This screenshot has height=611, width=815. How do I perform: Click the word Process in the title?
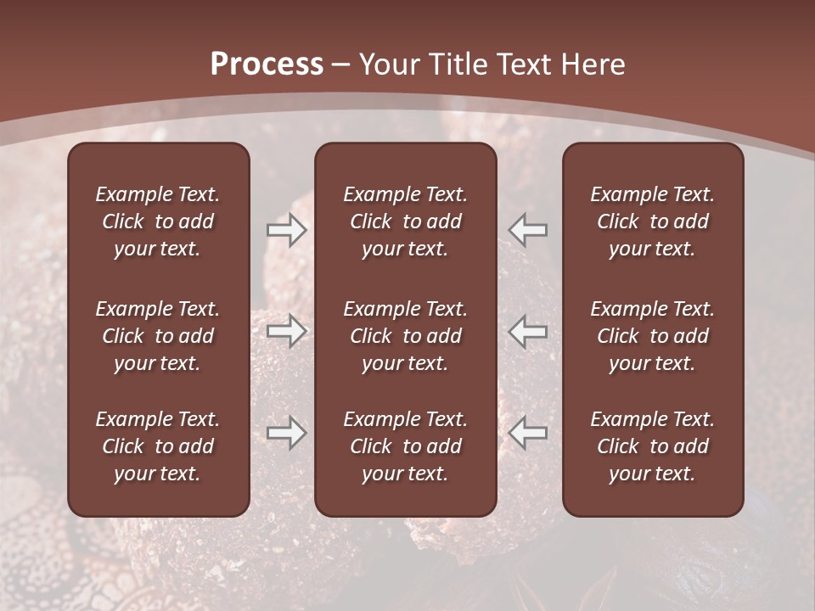click(x=267, y=64)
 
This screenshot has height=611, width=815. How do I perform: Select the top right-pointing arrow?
click(x=286, y=230)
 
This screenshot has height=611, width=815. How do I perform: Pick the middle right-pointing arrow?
click(x=286, y=330)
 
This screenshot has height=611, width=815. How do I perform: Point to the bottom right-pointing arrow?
click(x=286, y=433)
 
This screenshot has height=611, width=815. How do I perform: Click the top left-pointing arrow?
click(x=528, y=230)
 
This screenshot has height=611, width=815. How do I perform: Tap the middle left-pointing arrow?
click(x=528, y=330)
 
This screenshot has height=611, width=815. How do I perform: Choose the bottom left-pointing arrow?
click(x=528, y=433)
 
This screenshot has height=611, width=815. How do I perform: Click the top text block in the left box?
click(x=158, y=221)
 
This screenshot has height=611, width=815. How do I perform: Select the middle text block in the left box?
click(x=158, y=336)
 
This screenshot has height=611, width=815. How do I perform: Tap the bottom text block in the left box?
click(x=158, y=446)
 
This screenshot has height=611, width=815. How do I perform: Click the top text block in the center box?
click(x=405, y=221)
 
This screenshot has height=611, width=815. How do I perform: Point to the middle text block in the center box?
click(x=405, y=336)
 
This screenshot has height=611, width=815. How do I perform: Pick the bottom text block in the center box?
click(x=405, y=446)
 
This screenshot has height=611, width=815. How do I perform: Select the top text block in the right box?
click(x=652, y=221)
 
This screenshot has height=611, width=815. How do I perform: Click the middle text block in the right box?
click(x=652, y=336)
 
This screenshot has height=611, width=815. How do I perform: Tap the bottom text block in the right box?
click(x=652, y=446)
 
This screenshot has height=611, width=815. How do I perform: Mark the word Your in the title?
click(x=388, y=64)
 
